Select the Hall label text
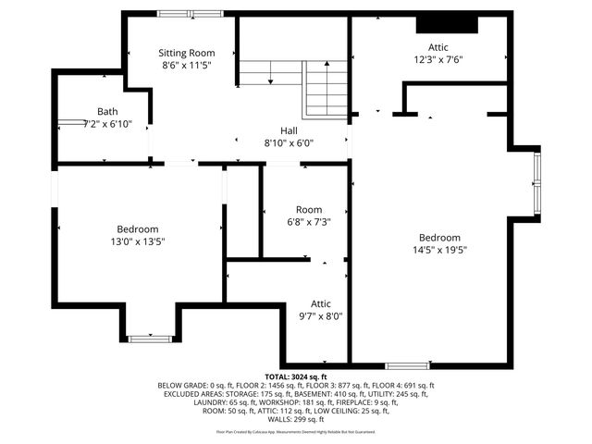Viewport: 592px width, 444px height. coord(290,130)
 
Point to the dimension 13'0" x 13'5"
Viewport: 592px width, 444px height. coord(138,241)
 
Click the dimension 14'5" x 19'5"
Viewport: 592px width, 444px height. coord(439,249)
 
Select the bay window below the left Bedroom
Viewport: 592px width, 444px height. coord(148,339)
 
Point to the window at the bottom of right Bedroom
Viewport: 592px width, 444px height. coord(407,364)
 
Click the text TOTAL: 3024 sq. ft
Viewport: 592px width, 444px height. coord(296,377)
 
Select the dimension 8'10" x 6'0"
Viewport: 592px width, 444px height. coord(290,143)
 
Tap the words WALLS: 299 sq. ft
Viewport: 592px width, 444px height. coord(296,419)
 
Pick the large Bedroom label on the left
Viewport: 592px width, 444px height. coord(138,229)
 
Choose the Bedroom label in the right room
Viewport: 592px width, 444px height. coord(439,237)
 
